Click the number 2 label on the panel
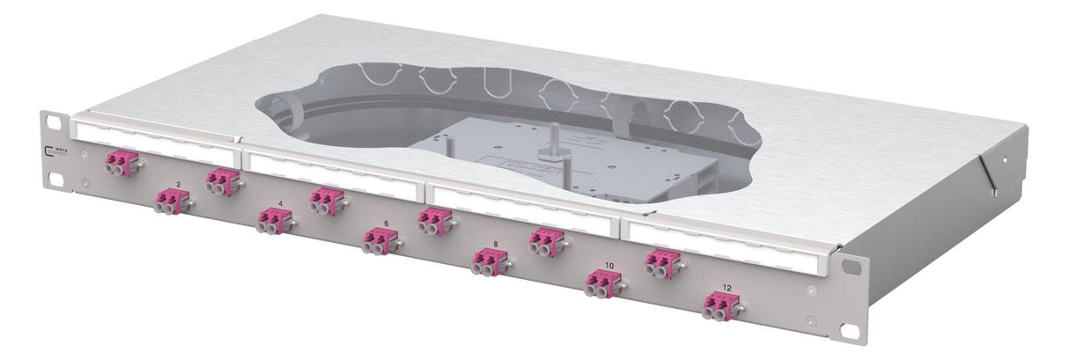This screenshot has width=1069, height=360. pyautogui.click(x=179, y=184)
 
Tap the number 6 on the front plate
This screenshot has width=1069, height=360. pyautogui.click(x=386, y=224)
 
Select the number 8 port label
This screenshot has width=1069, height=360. pyautogui.click(x=496, y=243)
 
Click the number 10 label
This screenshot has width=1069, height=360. pyautogui.click(x=609, y=265)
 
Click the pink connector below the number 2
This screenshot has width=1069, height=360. pyautogui.click(x=171, y=202)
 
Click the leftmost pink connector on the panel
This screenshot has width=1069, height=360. pyautogui.click(x=120, y=164)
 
